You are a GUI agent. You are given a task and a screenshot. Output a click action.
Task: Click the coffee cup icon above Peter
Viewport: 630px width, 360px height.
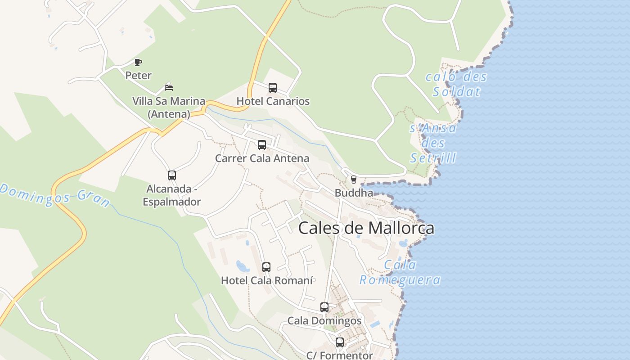click(138, 62)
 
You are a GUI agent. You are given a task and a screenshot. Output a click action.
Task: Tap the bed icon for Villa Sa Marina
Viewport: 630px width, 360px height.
click(169, 87)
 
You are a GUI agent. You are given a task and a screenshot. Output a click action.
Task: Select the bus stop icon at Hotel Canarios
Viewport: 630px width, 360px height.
click(273, 88)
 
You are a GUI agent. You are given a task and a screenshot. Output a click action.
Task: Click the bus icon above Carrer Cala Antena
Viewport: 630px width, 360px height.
click(262, 145)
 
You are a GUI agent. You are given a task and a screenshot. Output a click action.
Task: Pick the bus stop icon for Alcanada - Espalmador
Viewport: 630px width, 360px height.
click(172, 175)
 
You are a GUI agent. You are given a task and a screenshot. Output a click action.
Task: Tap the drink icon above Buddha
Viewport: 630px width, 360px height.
click(354, 180)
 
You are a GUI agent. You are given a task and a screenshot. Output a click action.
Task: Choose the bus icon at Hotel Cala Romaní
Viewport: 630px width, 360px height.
click(266, 267)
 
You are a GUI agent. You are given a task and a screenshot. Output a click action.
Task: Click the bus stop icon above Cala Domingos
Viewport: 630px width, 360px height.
click(324, 307)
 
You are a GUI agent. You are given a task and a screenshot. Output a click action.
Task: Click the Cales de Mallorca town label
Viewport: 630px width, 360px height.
click(366, 228)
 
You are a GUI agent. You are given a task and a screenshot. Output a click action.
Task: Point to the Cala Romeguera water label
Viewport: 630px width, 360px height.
click(400, 272)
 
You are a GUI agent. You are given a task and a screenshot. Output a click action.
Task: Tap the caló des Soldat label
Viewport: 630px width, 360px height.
click(456, 84)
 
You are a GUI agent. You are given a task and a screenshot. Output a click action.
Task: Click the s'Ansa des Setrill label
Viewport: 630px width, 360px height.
click(433, 143)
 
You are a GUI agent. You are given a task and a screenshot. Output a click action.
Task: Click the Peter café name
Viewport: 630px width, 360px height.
click(138, 75)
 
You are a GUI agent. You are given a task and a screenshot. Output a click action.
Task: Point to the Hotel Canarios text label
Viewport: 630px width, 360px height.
click(273, 101)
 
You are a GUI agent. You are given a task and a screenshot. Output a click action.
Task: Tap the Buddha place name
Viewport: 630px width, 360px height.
click(354, 193)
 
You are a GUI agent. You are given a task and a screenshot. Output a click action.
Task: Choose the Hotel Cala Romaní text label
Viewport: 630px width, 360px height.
click(266, 280)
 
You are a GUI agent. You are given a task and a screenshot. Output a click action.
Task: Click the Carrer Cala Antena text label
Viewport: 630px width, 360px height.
click(262, 158)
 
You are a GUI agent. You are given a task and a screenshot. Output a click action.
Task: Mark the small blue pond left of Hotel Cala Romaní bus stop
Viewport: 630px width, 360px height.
click(243, 266)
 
